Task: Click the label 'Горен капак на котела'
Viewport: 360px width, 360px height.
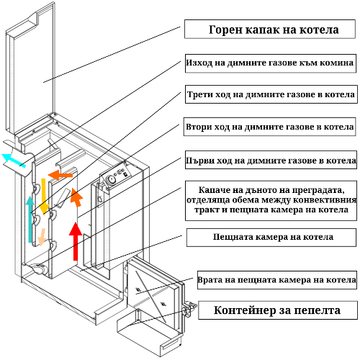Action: pos(274,30)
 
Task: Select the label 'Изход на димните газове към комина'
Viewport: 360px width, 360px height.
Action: pos(270,63)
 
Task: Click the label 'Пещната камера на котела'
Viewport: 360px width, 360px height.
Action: pos(273,237)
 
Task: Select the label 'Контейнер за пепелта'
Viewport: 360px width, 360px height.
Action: pos(277,310)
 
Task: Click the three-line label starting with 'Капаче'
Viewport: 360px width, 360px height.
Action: pos(271,200)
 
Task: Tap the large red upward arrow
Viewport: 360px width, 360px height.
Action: pos(76,241)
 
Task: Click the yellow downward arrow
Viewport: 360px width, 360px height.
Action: pos(44,197)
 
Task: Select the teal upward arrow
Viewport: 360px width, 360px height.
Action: pos(30,219)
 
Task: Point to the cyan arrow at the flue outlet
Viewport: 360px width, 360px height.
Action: pos(14,159)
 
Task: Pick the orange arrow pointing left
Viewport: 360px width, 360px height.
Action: pos(60,175)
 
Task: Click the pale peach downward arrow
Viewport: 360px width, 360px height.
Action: pos(42,237)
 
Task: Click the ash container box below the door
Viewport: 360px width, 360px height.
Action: pos(149,333)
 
